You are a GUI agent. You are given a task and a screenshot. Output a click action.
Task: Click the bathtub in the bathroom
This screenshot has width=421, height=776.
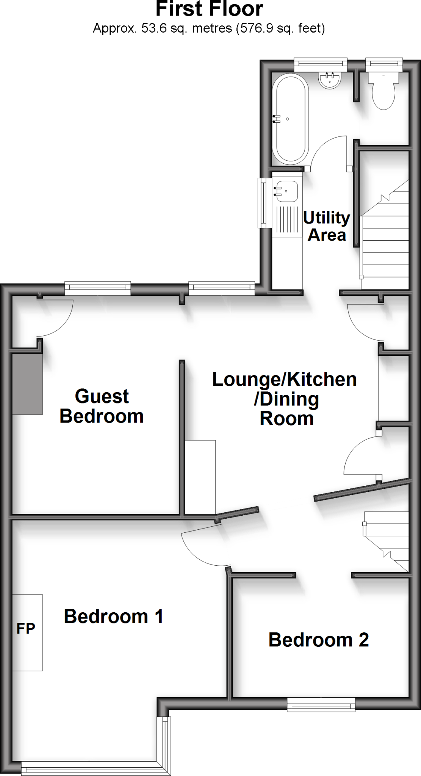(x=290, y=119)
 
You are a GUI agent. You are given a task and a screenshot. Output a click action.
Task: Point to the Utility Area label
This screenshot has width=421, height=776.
(x=327, y=226)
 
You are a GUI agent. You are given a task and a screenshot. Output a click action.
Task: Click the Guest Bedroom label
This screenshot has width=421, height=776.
(x=102, y=406)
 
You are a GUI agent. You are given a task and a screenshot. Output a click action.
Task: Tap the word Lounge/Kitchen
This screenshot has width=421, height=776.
(x=284, y=379)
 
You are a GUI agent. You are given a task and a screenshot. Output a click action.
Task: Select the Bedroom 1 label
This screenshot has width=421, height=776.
(x=113, y=616)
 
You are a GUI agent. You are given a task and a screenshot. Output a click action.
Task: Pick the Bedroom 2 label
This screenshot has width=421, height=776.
(x=318, y=640)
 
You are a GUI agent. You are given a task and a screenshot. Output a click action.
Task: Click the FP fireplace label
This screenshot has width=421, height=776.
(x=26, y=629)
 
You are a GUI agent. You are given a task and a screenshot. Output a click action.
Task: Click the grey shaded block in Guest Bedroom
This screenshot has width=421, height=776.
(x=27, y=384)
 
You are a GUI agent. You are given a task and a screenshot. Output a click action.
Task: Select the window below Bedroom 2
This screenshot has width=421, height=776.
(x=321, y=704)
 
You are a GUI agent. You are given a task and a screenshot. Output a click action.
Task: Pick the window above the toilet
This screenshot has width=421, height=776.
(x=384, y=63)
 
